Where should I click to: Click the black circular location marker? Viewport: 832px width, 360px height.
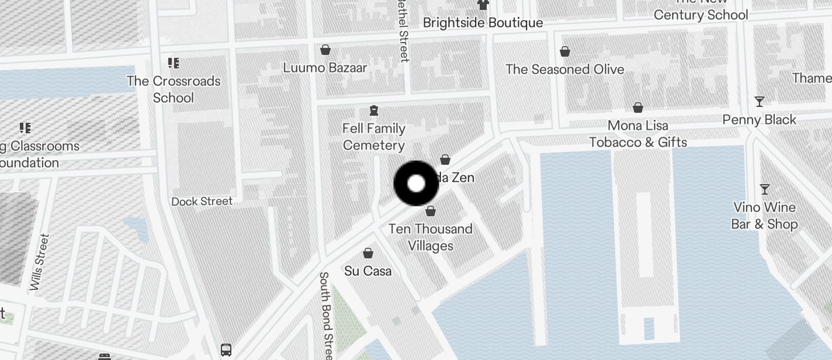(x=416, y=184)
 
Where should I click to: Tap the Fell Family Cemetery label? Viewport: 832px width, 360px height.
(x=374, y=137)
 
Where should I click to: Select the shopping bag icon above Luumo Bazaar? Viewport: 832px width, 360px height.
(x=325, y=50)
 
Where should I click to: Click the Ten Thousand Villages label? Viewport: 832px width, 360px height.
(x=431, y=237)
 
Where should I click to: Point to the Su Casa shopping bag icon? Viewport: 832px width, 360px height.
(x=368, y=253)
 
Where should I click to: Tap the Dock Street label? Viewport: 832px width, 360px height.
(x=202, y=201)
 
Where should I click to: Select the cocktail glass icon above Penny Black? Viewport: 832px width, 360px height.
(x=760, y=102)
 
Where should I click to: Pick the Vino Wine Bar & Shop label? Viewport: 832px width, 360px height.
(x=764, y=216)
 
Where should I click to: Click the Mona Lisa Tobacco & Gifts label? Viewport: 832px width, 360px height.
(x=638, y=134)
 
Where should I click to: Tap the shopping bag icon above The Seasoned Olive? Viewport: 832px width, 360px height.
(x=565, y=52)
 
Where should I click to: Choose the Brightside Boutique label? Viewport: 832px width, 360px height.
(x=483, y=23)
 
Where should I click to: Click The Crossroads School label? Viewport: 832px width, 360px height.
(x=174, y=89)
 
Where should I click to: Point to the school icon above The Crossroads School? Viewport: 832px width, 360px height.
(x=174, y=63)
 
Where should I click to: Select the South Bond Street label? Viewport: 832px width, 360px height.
(x=327, y=316)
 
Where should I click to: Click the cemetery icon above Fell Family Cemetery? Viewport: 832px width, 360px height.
(x=374, y=110)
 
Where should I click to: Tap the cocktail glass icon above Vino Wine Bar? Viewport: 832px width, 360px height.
(x=764, y=189)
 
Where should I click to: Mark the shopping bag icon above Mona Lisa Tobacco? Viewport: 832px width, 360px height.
(x=638, y=108)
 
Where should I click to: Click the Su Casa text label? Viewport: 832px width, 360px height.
(x=368, y=271)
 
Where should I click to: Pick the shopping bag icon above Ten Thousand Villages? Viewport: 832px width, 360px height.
(x=431, y=211)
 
